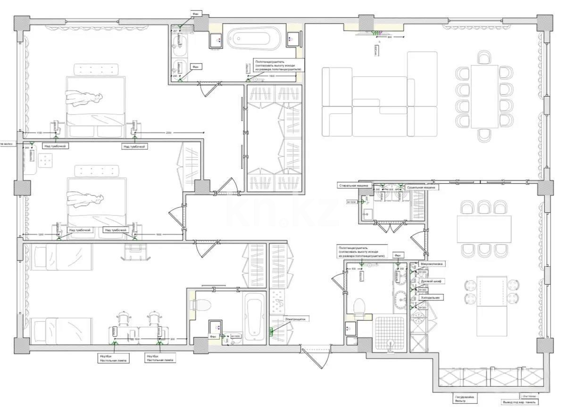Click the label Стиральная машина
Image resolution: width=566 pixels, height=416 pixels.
[x=353, y=186]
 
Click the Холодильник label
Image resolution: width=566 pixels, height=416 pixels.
[x=430, y=298]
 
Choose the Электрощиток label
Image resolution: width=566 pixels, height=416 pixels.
[x=295, y=319]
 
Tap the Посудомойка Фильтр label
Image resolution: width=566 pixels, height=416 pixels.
[x=463, y=399]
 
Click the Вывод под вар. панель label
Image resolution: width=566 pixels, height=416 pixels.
[x=520, y=402]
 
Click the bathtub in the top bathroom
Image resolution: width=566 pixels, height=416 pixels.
[x=254, y=39]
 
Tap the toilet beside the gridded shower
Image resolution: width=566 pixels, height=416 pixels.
[x=359, y=306]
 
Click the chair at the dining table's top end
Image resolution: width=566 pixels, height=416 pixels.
[x=484, y=58]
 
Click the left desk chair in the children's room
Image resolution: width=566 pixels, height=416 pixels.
[x=123, y=318]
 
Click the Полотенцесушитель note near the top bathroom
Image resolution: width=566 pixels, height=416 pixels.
[x=278, y=65]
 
